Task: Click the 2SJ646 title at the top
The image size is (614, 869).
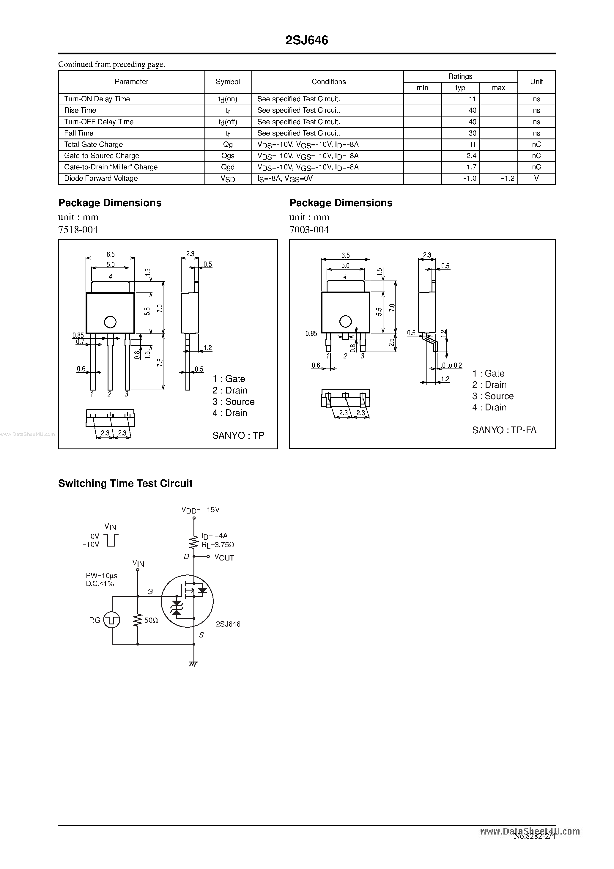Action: (307, 40)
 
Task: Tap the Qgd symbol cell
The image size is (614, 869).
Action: (228, 167)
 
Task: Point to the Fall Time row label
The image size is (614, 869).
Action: (79, 133)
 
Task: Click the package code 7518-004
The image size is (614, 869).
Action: (78, 230)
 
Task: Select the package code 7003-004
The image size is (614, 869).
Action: (309, 230)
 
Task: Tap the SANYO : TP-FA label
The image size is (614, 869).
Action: (504, 430)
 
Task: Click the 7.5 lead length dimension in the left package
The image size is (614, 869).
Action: (160, 362)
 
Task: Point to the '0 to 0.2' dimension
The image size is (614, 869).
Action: (452, 365)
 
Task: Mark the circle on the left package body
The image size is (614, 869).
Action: (110, 322)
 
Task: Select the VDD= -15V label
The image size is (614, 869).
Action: (201, 510)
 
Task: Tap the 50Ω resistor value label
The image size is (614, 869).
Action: (151, 620)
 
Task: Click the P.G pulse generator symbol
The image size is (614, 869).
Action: (112, 620)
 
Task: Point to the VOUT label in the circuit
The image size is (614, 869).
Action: (224, 558)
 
